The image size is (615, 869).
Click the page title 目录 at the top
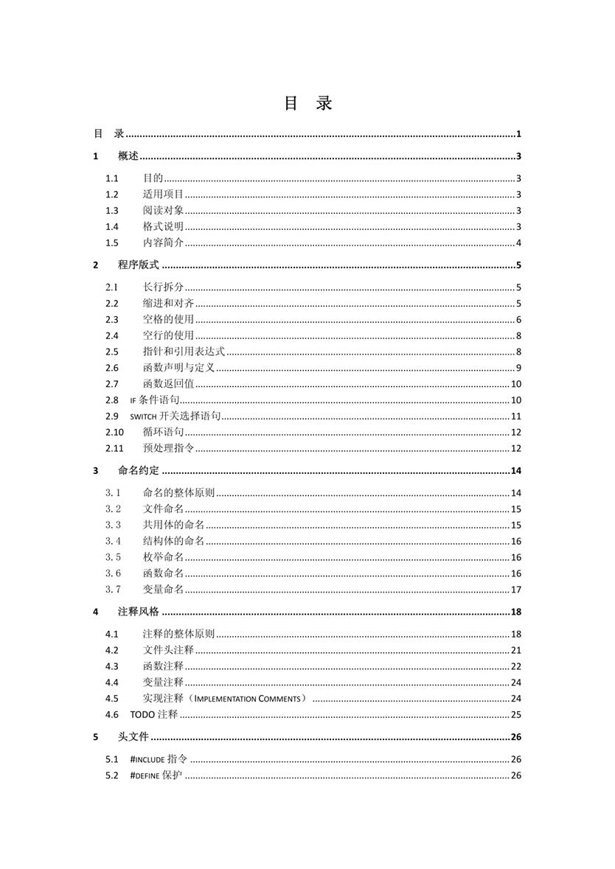(x=307, y=103)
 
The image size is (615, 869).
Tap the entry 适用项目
(x=163, y=195)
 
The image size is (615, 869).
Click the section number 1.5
(x=111, y=243)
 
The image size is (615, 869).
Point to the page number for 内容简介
(x=519, y=243)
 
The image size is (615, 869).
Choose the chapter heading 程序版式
(x=139, y=265)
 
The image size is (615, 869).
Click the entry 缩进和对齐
(x=168, y=304)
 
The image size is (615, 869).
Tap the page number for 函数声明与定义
(x=519, y=368)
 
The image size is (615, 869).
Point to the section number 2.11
(x=114, y=448)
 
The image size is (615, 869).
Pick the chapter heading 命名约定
(x=139, y=471)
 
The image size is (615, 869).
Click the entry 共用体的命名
(x=173, y=525)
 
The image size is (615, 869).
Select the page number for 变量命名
(x=516, y=589)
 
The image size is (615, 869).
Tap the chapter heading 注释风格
(x=139, y=612)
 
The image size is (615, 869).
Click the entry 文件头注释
(x=168, y=650)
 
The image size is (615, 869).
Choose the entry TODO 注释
(x=154, y=714)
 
